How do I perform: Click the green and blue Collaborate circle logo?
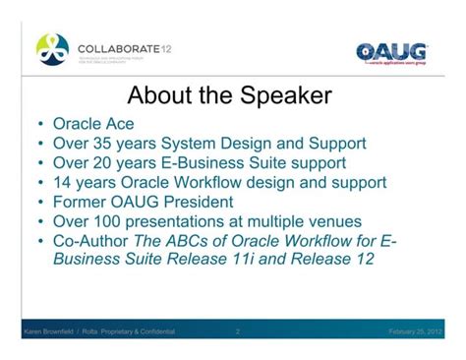52,48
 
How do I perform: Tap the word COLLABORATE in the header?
116,44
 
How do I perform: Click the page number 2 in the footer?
238,332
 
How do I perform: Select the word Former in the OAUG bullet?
82,201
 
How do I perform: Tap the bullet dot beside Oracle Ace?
38,126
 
